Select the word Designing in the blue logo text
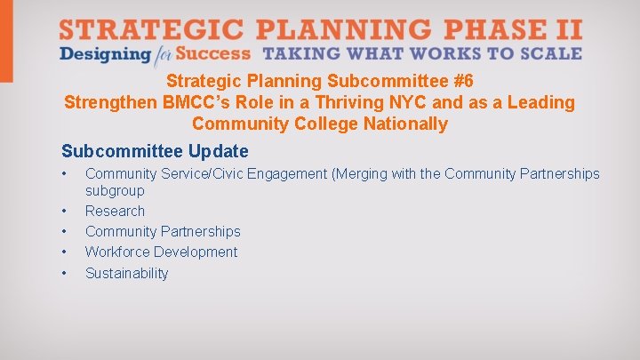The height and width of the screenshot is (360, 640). pyautogui.click(x=105, y=54)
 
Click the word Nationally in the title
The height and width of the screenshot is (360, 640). pyautogui.click(x=405, y=124)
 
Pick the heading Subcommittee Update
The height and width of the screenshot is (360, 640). pyautogui.click(x=155, y=151)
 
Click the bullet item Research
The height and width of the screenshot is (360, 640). pyautogui.click(x=115, y=211)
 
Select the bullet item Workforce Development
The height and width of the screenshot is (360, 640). pyautogui.click(x=161, y=252)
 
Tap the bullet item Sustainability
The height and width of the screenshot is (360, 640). pyautogui.click(x=126, y=273)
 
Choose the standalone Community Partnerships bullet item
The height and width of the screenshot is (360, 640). pyautogui.click(x=163, y=231)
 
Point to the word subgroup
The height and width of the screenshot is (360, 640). pyautogui.click(x=115, y=190)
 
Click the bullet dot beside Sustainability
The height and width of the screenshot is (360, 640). pyautogui.click(x=65, y=273)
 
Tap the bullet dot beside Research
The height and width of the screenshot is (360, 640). pyautogui.click(x=65, y=212)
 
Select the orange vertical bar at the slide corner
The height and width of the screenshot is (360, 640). pyautogui.click(x=6, y=41)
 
